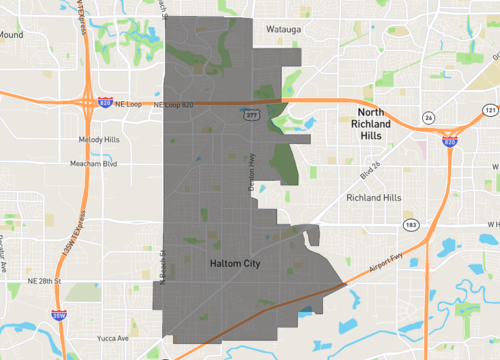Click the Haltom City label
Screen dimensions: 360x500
pyautogui.click(x=235, y=263)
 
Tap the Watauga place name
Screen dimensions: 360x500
pyautogui.click(x=287, y=30)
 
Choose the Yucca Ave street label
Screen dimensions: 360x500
pyautogui.click(x=111, y=339)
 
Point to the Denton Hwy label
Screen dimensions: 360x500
pyautogui.click(x=252, y=171)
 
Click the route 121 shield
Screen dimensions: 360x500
pyautogui.click(x=488, y=109)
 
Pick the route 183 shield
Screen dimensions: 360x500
pyautogui.click(x=411, y=225)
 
